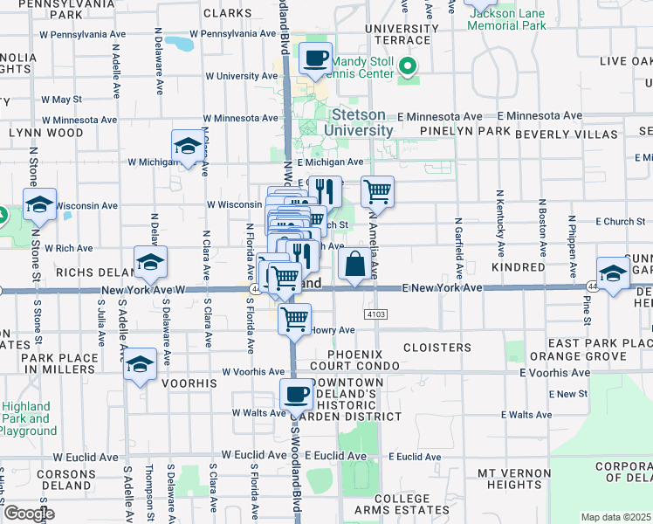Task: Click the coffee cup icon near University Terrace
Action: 315,59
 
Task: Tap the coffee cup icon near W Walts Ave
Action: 296,395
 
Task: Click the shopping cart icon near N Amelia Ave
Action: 376,191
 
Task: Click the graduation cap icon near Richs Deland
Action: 150,261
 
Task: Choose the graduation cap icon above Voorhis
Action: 140,363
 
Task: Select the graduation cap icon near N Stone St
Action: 40,204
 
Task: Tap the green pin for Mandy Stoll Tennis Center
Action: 407,65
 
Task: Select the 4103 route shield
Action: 375,313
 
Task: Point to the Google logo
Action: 29,514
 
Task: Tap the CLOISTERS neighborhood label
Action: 437,348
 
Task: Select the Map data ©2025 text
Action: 615,517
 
